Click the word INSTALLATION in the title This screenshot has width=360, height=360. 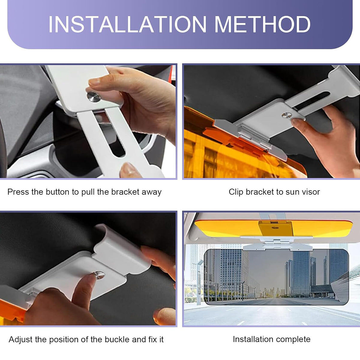[x=127, y=24]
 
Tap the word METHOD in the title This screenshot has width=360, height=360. [x=262, y=24]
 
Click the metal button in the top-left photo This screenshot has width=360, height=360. [x=94, y=97]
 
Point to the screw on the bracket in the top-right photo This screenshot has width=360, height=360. [x=287, y=115]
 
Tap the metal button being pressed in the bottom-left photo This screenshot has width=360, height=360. [x=99, y=275]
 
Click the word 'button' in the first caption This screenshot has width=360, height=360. [x=57, y=192]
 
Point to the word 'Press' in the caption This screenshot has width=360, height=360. [x=18, y=192]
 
